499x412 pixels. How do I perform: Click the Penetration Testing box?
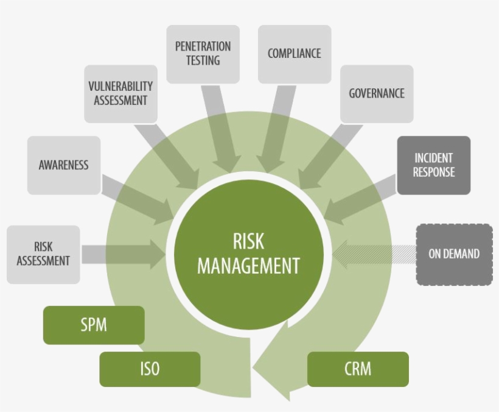pyautogui.click(x=203, y=54)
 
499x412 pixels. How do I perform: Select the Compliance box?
pyautogui.click(x=294, y=54)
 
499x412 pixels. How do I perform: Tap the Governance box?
pyautogui.click(x=376, y=94)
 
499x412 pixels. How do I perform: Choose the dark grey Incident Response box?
pyautogui.click(x=433, y=165)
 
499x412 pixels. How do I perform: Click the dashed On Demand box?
pyautogui.click(x=454, y=254)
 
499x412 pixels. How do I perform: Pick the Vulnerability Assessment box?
pyautogui.click(x=120, y=93)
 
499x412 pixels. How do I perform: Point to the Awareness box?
pyautogui.click(x=63, y=165)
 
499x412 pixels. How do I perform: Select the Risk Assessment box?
pyautogui.click(x=43, y=254)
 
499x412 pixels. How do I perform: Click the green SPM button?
pyautogui.click(x=94, y=325)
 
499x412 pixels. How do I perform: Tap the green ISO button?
pyautogui.click(x=150, y=369)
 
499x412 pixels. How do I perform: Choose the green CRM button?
pyautogui.click(x=358, y=369)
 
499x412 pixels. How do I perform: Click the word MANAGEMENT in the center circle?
pyautogui.click(x=248, y=266)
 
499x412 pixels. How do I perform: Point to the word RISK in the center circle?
pyautogui.click(x=248, y=241)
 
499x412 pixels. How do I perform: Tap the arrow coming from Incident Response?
pyautogui.click(x=359, y=198)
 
